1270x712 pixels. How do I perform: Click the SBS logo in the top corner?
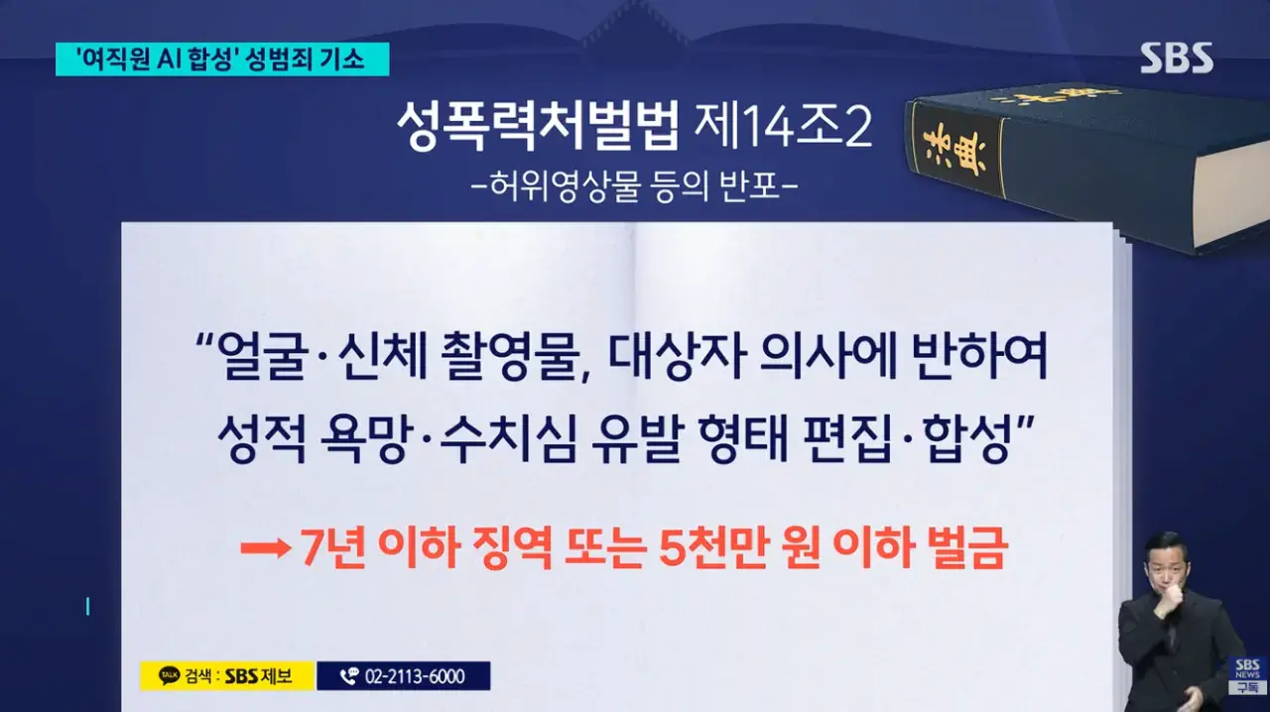pyautogui.click(x=1176, y=58)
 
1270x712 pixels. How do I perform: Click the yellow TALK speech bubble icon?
pyautogui.click(x=169, y=676)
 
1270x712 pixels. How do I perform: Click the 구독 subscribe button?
pyautogui.click(x=1248, y=687)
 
